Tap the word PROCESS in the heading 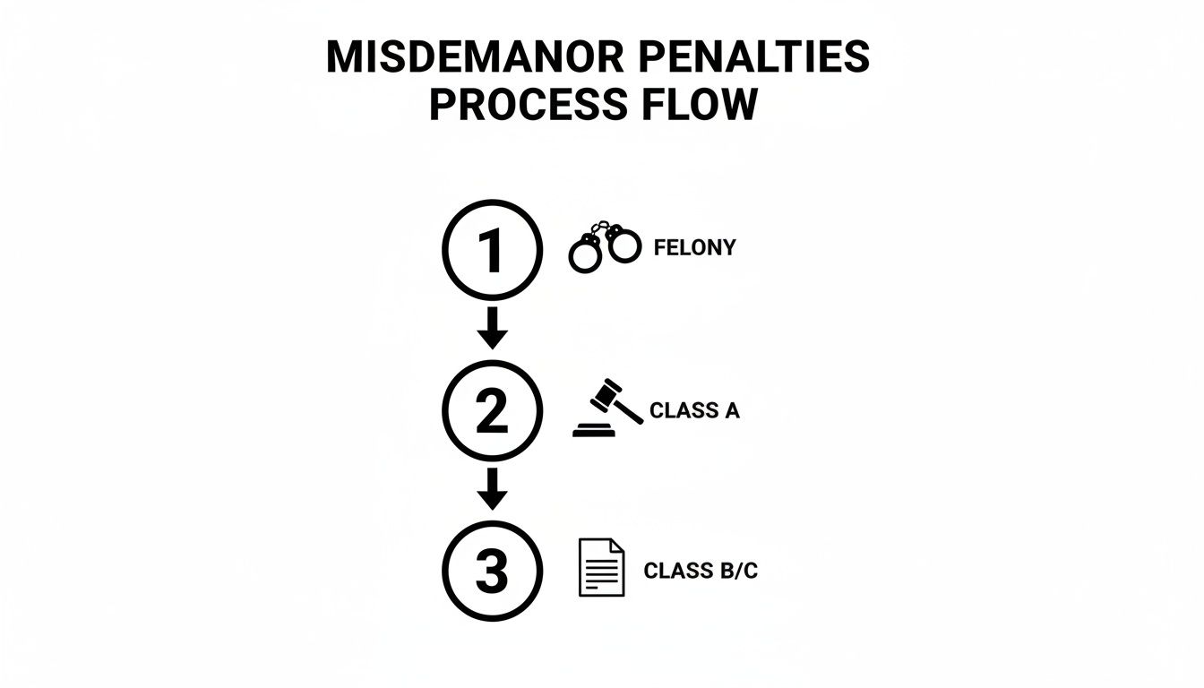[514, 105]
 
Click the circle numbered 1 [492, 250]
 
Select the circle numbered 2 [492, 411]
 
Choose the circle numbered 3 [492, 571]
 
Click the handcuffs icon [606, 247]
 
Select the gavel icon [607, 408]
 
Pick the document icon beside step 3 [602, 568]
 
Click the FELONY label [694, 248]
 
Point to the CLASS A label [694, 411]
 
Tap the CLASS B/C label [701, 571]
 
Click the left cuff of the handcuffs [585, 256]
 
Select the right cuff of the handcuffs [624, 245]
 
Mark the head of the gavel [605, 393]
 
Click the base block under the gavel [594, 431]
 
